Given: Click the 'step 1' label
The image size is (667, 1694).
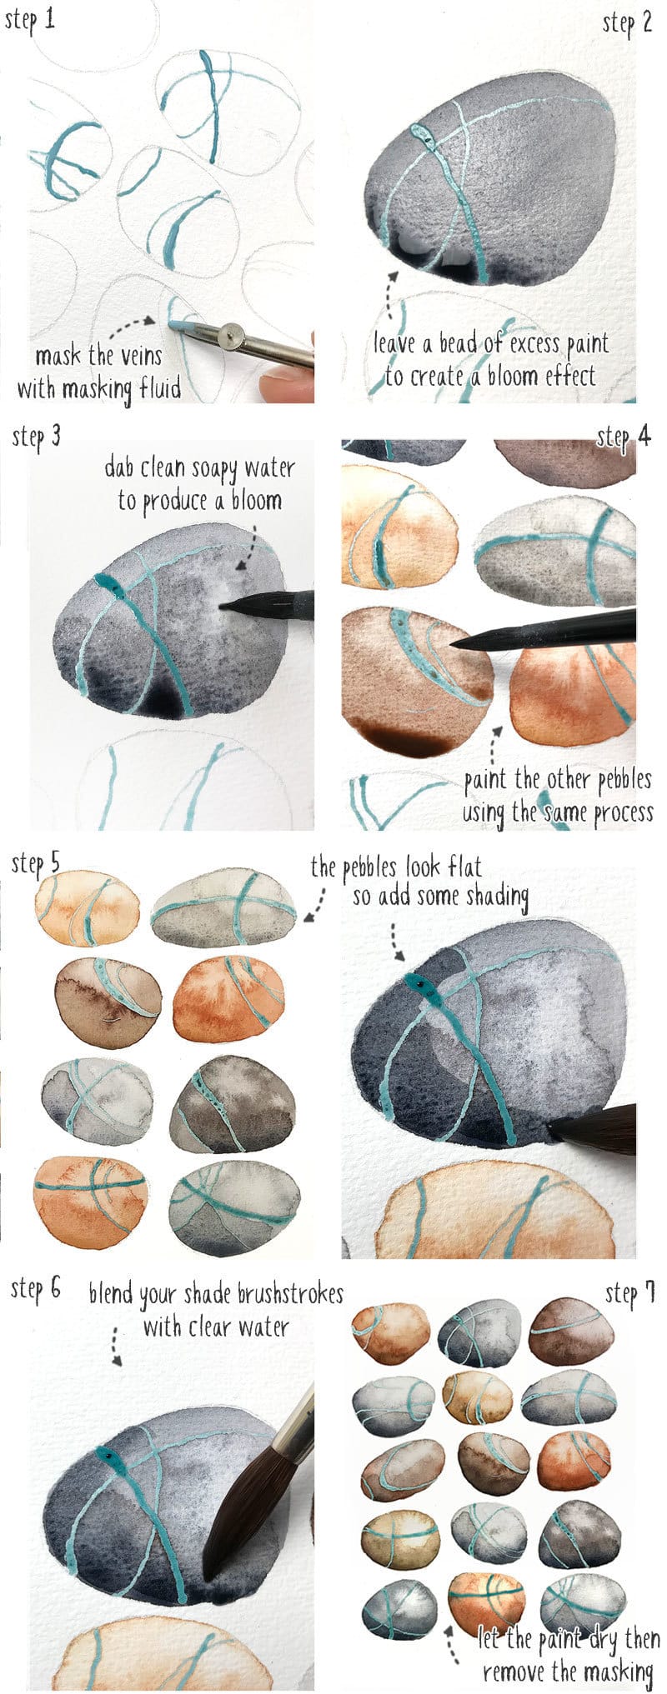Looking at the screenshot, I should coord(30,19).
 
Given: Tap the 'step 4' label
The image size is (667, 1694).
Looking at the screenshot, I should coord(623,437).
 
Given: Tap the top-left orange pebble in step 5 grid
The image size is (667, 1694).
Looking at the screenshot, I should coord(87,907).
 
